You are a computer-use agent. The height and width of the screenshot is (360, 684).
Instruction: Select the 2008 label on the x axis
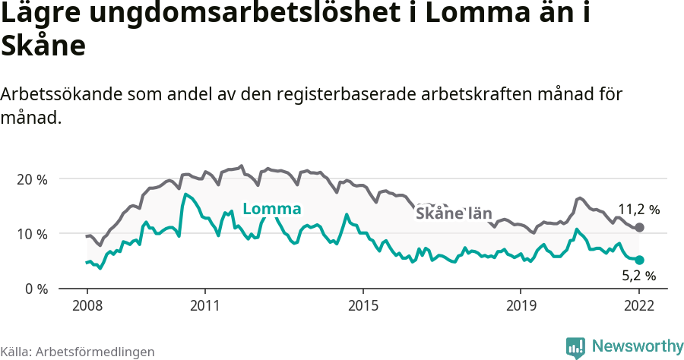[x=87, y=305]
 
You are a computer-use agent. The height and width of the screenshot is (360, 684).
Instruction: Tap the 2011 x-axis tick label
[x=205, y=305]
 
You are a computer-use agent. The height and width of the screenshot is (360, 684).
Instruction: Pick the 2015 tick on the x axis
[x=363, y=305]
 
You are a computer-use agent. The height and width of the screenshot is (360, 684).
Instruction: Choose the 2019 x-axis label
[x=521, y=305]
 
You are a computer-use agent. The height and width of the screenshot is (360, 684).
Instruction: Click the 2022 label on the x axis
[x=639, y=305]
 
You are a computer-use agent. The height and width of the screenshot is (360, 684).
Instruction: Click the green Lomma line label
[x=271, y=210]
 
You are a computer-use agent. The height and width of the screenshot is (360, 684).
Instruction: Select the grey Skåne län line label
[x=454, y=213]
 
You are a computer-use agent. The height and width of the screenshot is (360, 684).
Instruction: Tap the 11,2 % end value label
[x=638, y=209]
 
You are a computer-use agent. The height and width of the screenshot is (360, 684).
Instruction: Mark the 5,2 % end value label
[x=638, y=276]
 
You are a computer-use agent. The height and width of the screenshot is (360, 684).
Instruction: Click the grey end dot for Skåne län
[x=639, y=227]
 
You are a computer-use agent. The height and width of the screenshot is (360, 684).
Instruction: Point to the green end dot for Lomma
[x=639, y=260]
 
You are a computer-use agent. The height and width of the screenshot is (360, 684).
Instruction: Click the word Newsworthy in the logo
[x=638, y=346]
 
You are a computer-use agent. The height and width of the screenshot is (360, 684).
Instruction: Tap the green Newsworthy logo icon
[x=575, y=347]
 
